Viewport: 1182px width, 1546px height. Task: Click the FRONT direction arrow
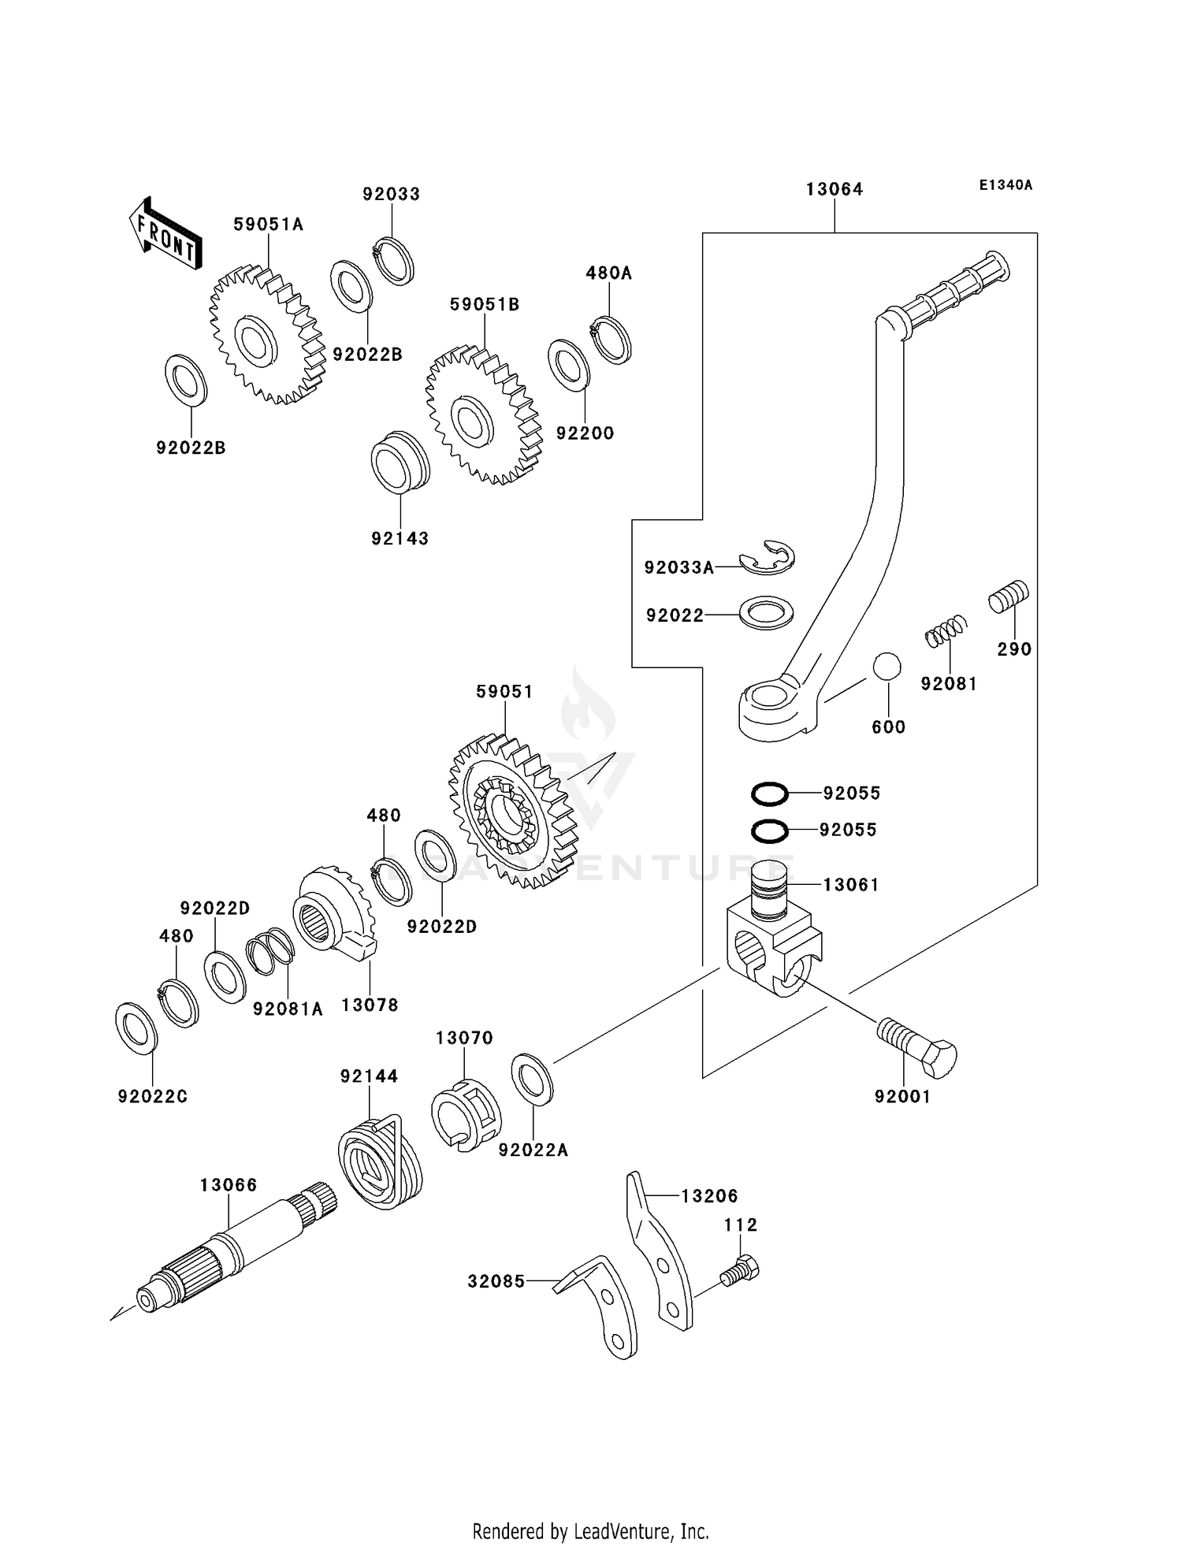pyautogui.click(x=165, y=234)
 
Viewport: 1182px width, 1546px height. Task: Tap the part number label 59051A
pyautogui.click(x=268, y=225)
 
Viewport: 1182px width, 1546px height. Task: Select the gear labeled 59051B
pyautogui.click(x=484, y=414)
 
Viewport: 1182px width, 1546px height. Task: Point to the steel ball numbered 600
pyautogui.click(x=886, y=667)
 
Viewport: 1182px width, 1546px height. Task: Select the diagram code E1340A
pyautogui.click(x=1005, y=186)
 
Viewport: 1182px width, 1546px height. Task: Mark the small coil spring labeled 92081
pyautogui.click(x=945, y=630)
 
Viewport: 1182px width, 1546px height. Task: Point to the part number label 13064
pyautogui.click(x=834, y=190)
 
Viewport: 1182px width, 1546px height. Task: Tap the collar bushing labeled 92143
pyautogui.click(x=400, y=463)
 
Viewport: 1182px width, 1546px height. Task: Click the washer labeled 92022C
pyautogui.click(x=136, y=1028)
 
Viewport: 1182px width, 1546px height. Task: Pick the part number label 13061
pyautogui.click(x=850, y=885)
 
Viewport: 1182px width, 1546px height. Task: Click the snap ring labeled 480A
pyautogui.click(x=611, y=340)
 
